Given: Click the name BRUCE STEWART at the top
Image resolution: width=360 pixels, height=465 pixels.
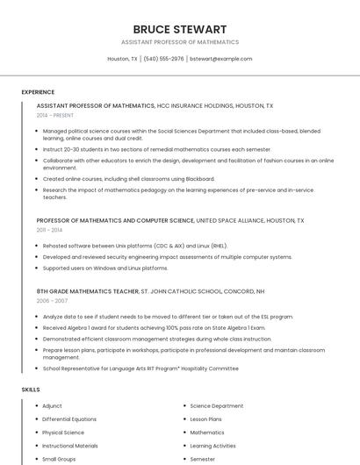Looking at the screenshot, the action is pos(179,29).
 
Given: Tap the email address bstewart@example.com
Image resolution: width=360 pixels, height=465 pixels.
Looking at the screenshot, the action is pos(221,59).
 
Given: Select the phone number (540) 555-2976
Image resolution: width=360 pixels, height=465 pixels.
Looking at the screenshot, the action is pos(164,59).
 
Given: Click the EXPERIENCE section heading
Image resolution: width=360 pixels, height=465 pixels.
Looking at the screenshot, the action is pos(38,92).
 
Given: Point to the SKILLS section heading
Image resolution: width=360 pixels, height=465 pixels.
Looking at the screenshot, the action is pos(31,389).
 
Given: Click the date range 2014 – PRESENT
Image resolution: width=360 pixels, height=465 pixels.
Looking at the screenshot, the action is pos(55,115).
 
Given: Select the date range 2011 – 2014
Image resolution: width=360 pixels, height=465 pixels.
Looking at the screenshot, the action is pos(50,230).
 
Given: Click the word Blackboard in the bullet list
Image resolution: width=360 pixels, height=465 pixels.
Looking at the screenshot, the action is pos(199,178).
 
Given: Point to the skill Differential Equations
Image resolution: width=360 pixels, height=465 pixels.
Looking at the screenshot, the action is pos(69,419).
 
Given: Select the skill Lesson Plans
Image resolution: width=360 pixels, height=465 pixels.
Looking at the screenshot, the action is pos(205,419).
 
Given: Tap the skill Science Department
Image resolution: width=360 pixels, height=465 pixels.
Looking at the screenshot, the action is pos(217,406).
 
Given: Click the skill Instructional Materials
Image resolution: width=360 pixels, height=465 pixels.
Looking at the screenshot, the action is pos(70,446).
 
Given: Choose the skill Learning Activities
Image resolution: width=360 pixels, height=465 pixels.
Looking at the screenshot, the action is pos(212,446).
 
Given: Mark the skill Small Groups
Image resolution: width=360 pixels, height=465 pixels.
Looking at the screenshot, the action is pos(59,459).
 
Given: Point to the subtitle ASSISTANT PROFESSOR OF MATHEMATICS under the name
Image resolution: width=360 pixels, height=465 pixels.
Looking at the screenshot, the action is pos(179,42).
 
